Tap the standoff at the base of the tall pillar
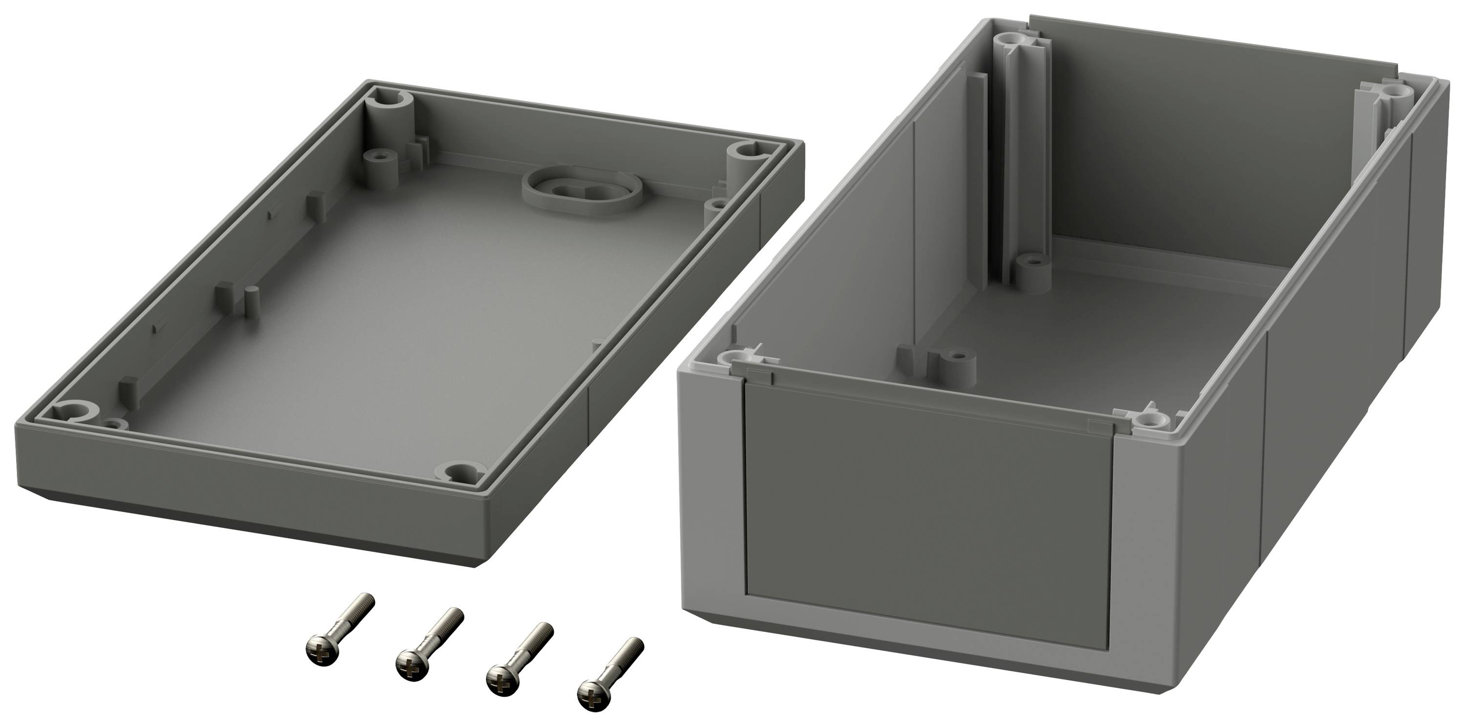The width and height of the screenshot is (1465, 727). (1034, 269)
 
